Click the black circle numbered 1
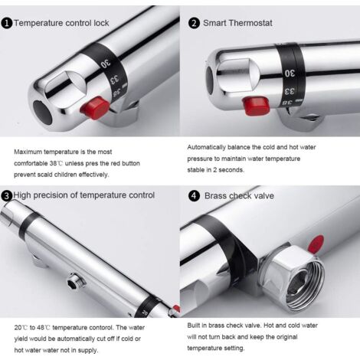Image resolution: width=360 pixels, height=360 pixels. (7, 24)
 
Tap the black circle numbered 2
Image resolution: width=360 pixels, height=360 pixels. (194, 24)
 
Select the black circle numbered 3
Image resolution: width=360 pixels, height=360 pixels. (7, 196)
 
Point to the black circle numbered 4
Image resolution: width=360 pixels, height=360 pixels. (194, 196)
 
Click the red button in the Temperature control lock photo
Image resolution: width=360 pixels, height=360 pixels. (94, 106)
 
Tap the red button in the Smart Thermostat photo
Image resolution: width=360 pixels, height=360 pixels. (256, 105)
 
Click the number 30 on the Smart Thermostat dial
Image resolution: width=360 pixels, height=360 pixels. (290, 74)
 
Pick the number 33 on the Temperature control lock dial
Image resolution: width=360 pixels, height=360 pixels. (114, 80)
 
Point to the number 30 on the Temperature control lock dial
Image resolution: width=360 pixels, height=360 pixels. (106, 64)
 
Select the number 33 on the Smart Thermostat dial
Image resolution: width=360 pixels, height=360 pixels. (290, 91)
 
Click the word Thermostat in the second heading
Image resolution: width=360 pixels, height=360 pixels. (250, 23)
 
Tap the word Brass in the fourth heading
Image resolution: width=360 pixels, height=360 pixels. (216, 196)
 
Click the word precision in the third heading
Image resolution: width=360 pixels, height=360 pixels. (52, 195)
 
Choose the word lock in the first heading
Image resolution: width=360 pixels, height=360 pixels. (101, 23)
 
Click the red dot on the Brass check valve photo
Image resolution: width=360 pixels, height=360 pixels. (316, 244)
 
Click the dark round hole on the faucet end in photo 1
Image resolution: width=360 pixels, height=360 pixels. (43, 113)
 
